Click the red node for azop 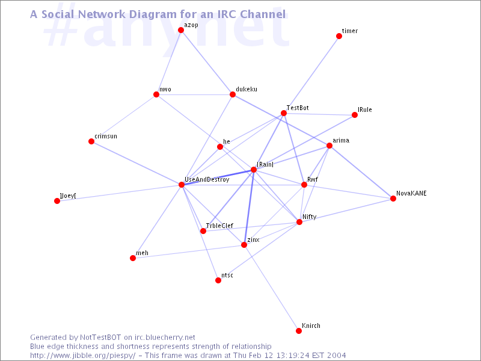tap(181, 30)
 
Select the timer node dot tap(339, 36)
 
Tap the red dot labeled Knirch tap(299, 330)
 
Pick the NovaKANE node tap(393, 199)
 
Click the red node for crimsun tap(91, 141)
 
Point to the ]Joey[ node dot tap(57, 201)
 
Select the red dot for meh tap(133, 258)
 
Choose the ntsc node tap(218, 280)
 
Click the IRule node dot tap(355, 115)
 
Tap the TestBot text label tap(298, 108)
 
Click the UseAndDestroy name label tap(207, 179)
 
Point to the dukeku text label tap(247, 89)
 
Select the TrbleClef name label tap(219, 226)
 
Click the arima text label tap(341, 140)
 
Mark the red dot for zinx tap(244, 245)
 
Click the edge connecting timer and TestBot tap(311, 75)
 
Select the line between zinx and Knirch tap(271, 288)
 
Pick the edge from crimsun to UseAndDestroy tap(136, 163)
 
